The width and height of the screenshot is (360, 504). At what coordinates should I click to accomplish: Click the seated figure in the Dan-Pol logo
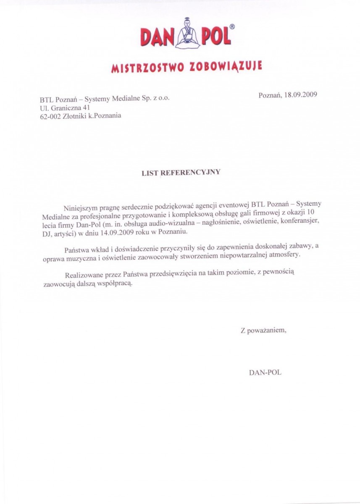pos(186,33)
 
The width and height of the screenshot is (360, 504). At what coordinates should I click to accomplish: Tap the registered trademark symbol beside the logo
pos(232,26)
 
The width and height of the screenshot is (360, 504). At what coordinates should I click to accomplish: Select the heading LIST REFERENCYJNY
pos(181,172)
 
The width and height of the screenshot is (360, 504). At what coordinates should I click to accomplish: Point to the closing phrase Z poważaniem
pos(263,330)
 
